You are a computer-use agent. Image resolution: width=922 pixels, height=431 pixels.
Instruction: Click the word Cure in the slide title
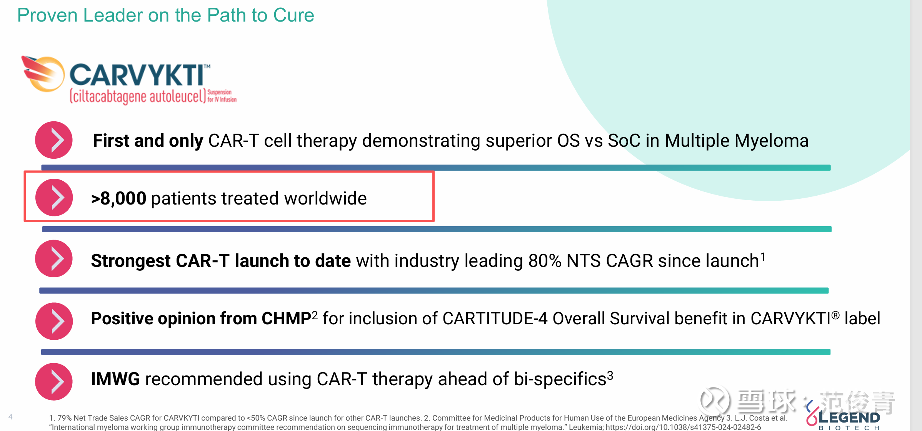pyautogui.click(x=293, y=15)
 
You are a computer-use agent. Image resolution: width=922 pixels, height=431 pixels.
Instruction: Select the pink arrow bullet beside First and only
pyautogui.click(x=54, y=140)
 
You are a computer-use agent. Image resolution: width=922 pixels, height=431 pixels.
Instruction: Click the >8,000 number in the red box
pyautogui.click(x=118, y=198)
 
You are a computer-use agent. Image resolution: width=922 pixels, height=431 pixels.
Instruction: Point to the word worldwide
pyautogui.click(x=325, y=198)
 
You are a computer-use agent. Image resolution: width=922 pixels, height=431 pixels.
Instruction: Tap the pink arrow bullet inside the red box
pyautogui.click(x=54, y=197)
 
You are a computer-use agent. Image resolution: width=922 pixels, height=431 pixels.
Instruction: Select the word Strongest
pyautogui.click(x=131, y=261)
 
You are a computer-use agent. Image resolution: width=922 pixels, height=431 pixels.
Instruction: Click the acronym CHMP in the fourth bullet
pyautogui.click(x=286, y=319)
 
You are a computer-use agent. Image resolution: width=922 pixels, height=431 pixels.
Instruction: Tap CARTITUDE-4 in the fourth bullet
pyautogui.click(x=495, y=319)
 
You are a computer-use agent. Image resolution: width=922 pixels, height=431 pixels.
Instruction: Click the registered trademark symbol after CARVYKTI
pyautogui.click(x=835, y=315)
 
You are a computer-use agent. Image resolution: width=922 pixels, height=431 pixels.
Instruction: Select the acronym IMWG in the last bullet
pyautogui.click(x=115, y=379)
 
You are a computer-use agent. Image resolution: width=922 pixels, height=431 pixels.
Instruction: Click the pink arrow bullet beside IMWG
pyautogui.click(x=54, y=381)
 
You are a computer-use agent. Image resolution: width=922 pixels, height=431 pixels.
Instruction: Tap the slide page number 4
pyautogui.click(x=10, y=417)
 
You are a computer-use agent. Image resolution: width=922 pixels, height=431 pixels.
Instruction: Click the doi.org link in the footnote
pyautogui.click(x=683, y=427)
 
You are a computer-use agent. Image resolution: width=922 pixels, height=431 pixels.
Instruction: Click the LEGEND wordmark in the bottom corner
pyautogui.click(x=849, y=418)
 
